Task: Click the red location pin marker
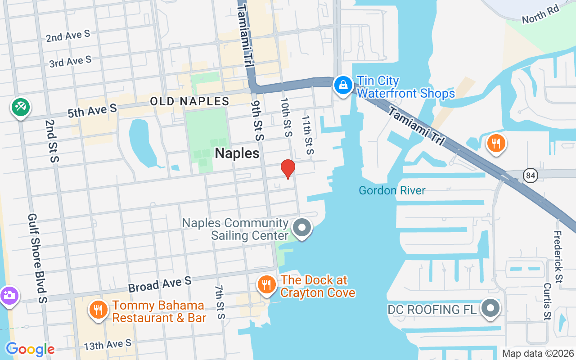click(x=288, y=169)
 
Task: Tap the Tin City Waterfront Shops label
click(x=405, y=87)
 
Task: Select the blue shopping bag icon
click(x=343, y=85)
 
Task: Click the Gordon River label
click(x=392, y=190)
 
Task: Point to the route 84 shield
click(x=531, y=175)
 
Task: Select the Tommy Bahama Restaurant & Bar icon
click(x=97, y=310)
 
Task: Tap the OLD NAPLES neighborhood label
click(x=189, y=101)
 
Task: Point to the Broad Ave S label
click(x=160, y=284)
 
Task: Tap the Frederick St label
click(x=558, y=257)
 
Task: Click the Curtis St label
click(x=547, y=301)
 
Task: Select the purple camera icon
click(x=9, y=296)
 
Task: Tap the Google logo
click(x=30, y=349)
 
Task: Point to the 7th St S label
click(x=220, y=302)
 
